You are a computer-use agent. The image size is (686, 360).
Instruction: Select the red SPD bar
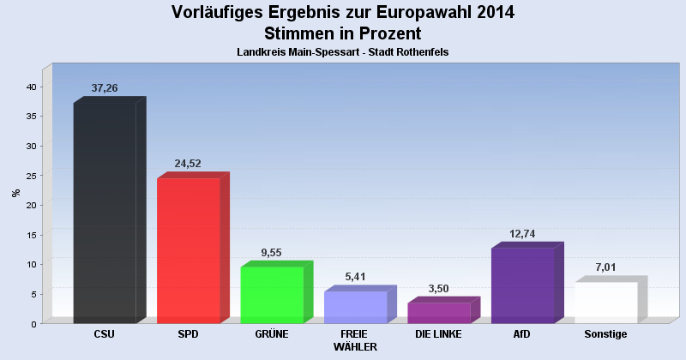click(x=189, y=250)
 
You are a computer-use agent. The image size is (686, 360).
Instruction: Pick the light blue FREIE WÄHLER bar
click(x=355, y=307)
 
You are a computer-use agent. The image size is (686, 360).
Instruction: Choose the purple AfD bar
click(x=521, y=285)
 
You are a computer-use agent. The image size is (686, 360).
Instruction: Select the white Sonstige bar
click(x=605, y=302)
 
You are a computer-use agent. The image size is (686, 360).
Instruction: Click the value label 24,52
click(x=189, y=164)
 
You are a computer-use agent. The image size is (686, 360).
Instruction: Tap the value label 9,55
click(x=271, y=253)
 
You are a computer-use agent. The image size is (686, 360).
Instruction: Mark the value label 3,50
click(x=438, y=289)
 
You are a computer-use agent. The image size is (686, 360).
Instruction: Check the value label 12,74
click(x=521, y=234)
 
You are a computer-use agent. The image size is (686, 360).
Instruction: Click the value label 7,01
click(x=605, y=268)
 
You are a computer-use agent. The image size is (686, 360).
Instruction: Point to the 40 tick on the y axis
click(x=30, y=87)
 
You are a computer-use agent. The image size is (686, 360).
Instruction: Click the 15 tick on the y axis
click(x=30, y=235)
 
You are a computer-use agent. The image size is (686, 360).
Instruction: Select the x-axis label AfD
click(x=521, y=334)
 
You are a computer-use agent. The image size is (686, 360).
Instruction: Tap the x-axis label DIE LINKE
click(x=438, y=334)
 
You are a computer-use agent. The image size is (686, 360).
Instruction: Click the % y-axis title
click(x=15, y=193)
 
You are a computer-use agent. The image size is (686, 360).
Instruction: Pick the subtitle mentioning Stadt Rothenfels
click(x=343, y=52)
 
